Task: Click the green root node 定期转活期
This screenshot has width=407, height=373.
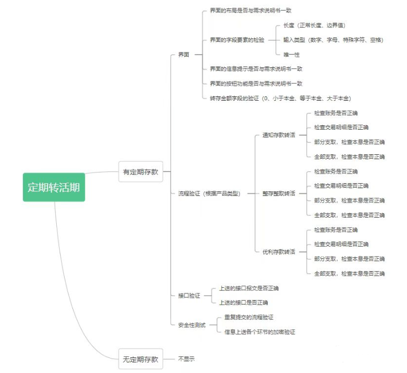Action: (x=54, y=187)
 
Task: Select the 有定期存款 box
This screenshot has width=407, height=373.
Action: (x=140, y=172)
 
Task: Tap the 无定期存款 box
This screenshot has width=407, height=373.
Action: (x=140, y=359)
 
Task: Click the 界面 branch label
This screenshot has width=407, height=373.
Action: (x=184, y=55)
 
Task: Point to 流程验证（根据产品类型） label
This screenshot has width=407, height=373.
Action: (x=209, y=193)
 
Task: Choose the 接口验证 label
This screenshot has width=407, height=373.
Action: (x=189, y=296)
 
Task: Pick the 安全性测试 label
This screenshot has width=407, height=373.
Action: (x=192, y=325)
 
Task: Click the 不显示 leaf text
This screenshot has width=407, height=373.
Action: (x=187, y=359)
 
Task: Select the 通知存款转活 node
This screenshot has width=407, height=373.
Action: (x=278, y=135)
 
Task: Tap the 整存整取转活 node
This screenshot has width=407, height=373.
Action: (x=278, y=193)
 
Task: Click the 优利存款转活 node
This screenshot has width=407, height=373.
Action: (x=278, y=252)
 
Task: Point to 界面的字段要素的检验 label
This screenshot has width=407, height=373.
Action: (x=237, y=40)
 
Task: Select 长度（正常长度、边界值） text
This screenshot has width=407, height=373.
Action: (x=314, y=26)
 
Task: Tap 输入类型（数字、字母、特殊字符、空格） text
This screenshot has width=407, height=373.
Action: (x=333, y=40)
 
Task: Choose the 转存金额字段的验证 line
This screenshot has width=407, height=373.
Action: (x=280, y=98)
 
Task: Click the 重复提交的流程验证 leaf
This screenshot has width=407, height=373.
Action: (x=249, y=317)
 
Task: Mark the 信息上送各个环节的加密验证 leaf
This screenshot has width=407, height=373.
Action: (x=259, y=332)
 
